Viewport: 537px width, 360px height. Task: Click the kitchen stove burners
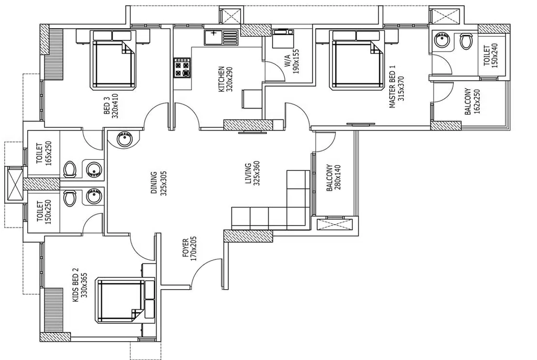182,68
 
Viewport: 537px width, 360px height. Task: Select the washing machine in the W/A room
283,38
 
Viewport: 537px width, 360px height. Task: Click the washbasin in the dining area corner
124,139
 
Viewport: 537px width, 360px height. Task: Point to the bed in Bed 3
113,61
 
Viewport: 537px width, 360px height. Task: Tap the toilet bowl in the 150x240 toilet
466,41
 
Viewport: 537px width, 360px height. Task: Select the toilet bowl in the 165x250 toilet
70,169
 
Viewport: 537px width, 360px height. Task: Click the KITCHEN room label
222,79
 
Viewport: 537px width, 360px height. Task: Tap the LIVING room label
248,173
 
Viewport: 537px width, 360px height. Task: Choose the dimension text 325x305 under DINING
163,183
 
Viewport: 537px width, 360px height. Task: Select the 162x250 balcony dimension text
476,101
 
